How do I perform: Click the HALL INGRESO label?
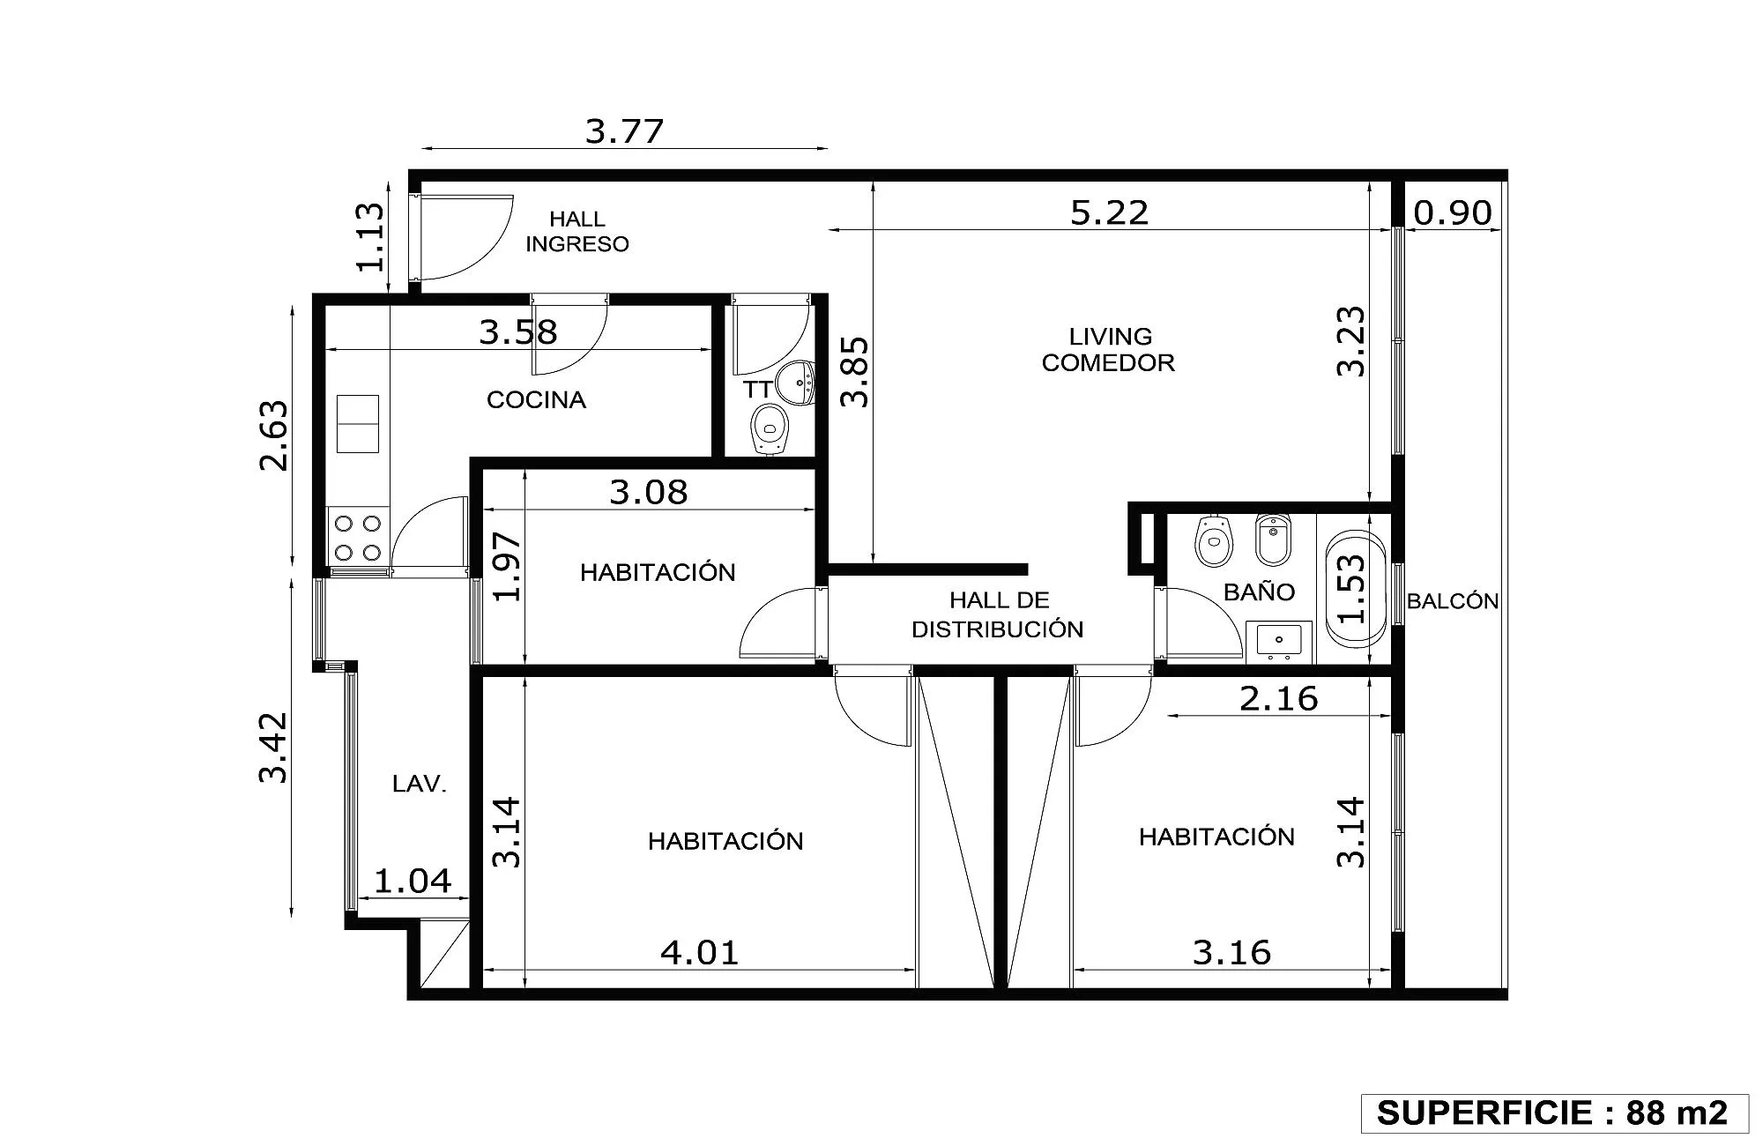[577, 232]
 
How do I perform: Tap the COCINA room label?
[536, 400]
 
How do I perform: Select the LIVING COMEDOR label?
[1109, 350]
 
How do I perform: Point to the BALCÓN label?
[1453, 601]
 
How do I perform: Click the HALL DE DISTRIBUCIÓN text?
[998, 614]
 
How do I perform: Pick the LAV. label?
[420, 784]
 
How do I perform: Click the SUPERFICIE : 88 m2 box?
[1555, 1113]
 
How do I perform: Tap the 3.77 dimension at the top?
[624, 131]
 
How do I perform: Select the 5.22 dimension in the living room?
[1110, 212]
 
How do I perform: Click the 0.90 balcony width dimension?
[1453, 212]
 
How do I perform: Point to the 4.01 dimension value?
[700, 952]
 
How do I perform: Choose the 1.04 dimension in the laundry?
[413, 881]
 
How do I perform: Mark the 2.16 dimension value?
[1279, 699]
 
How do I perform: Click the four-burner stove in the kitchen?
[358, 537]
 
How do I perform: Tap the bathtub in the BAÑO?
[1355, 589]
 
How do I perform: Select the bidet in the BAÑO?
[1273, 539]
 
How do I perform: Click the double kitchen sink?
[358, 424]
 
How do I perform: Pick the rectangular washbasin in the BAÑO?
[1278, 641]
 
